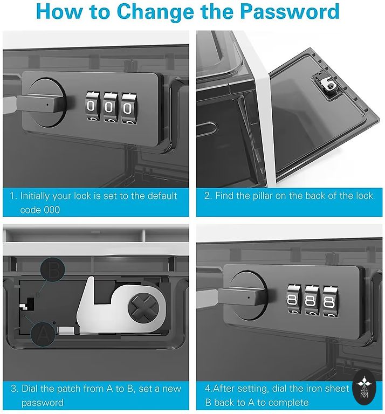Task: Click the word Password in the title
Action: click(290, 11)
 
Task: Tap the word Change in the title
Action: click(155, 12)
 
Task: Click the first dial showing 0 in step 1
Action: click(92, 107)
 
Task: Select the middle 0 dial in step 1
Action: click(110, 107)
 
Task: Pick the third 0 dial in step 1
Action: click(128, 108)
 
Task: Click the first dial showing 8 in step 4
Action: click(294, 299)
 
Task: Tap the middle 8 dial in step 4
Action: click(312, 300)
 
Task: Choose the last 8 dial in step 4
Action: click(331, 301)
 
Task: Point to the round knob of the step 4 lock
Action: click(248, 295)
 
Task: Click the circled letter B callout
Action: click(52, 270)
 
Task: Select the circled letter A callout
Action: click(43, 334)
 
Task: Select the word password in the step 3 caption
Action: click(43, 403)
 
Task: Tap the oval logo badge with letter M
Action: click(364, 388)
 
